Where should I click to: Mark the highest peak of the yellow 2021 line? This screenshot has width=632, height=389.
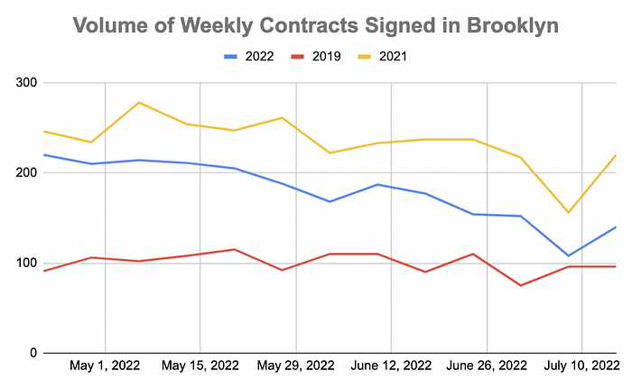coord(139,102)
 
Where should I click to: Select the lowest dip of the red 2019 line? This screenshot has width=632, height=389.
coord(520,285)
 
